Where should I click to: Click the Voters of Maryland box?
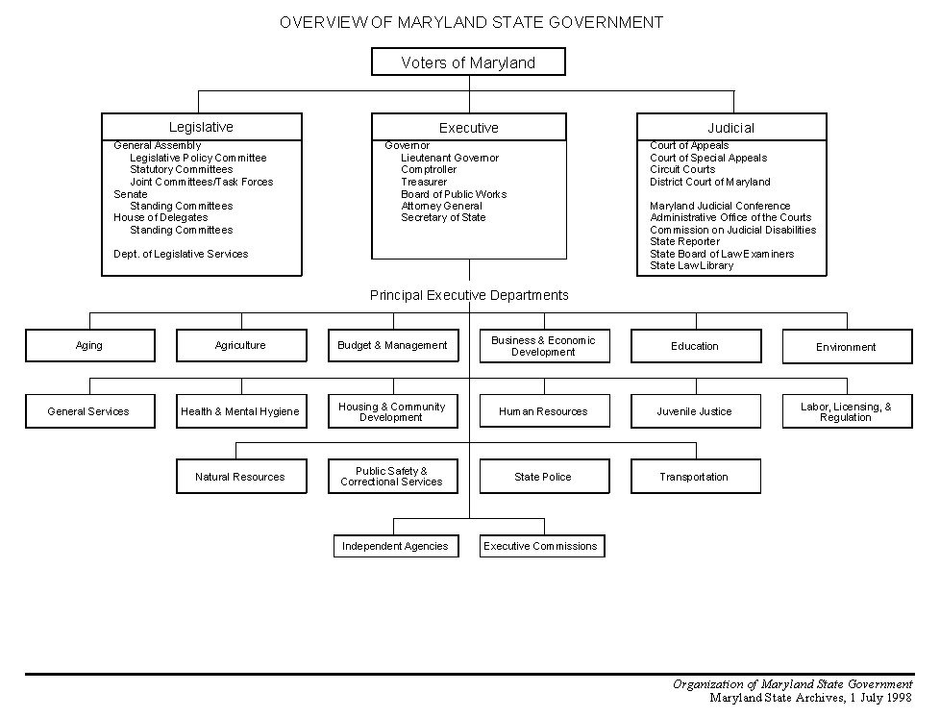[468, 62]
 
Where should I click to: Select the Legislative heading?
[201, 127]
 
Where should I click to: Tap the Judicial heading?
[730, 128]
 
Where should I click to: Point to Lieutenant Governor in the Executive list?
[450, 158]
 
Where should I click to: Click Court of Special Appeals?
[708, 158]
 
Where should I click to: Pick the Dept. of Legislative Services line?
[181, 254]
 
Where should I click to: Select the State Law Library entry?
[692, 265]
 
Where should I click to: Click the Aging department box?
[90, 345]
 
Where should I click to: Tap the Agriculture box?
[241, 345]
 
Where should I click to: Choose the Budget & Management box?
[393, 345]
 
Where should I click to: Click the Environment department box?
[847, 347]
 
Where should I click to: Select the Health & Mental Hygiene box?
[241, 411]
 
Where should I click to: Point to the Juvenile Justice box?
[696, 411]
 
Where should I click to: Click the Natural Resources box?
[241, 477]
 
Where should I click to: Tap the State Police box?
[544, 477]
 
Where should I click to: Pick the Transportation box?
[696, 477]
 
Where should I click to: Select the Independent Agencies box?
[396, 546]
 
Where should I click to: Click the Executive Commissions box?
[542, 546]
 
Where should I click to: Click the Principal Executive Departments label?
[469, 296]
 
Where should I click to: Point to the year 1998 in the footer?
[900, 698]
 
